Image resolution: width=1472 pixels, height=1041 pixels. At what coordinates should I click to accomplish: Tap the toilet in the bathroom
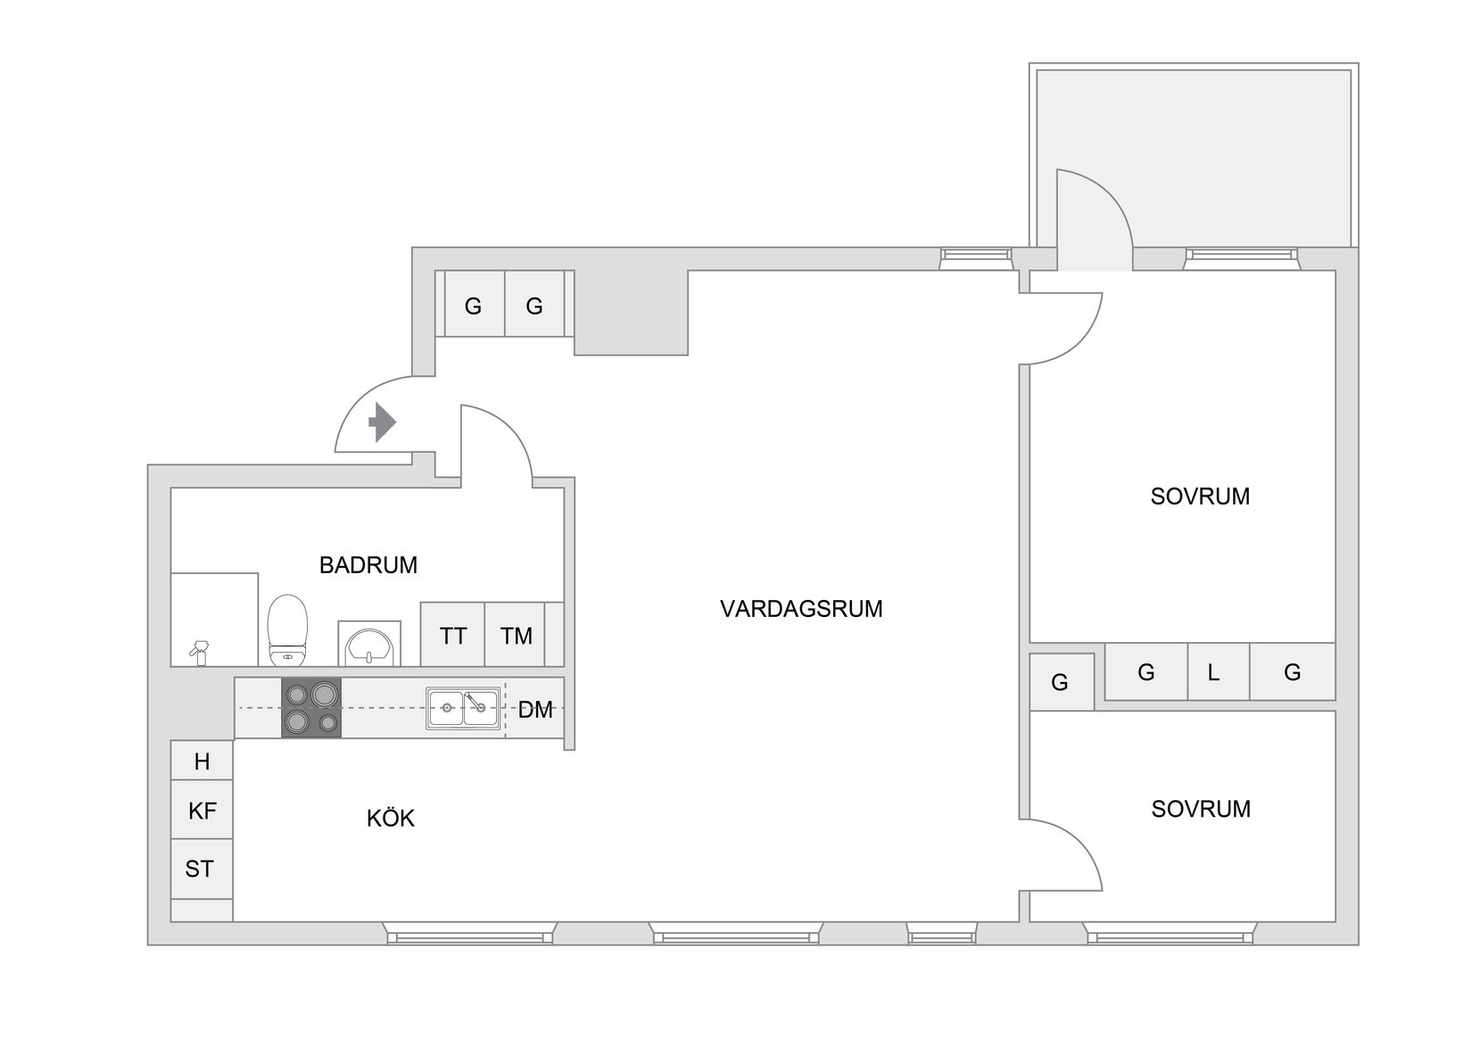click(x=287, y=630)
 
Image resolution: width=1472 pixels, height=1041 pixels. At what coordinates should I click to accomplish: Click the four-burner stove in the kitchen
click(x=311, y=708)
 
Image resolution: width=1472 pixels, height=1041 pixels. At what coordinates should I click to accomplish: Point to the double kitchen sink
click(x=462, y=709)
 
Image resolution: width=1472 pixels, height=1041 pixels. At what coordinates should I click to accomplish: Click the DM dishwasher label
click(x=535, y=711)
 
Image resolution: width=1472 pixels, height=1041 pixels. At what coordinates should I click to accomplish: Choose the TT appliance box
click(x=452, y=636)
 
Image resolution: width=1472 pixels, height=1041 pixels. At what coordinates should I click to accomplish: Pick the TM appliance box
click(x=516, y=636)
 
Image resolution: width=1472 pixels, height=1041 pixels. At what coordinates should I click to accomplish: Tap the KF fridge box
click(x=202, y=811)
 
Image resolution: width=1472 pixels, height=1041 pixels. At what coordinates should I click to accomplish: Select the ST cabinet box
click(x=200, y=869)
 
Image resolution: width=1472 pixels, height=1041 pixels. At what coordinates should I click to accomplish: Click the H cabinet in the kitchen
click(x=202, y=762)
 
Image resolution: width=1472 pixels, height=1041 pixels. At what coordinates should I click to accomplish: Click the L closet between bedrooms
click(x=1213, y=672)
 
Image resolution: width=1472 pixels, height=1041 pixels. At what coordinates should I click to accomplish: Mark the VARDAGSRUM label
click(x=800, y=609)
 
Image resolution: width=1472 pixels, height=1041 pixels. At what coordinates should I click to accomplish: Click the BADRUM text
click(x=368, y=565)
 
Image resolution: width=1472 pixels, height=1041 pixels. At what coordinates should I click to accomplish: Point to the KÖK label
click(x=390, y=819)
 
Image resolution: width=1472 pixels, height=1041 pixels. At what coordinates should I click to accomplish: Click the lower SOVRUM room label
click(x=1200, y=809)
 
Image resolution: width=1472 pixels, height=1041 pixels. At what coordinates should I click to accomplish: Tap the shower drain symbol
click(x=201, y=653)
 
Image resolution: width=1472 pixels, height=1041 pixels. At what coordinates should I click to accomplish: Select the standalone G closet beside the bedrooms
click(x=1060, y=683)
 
